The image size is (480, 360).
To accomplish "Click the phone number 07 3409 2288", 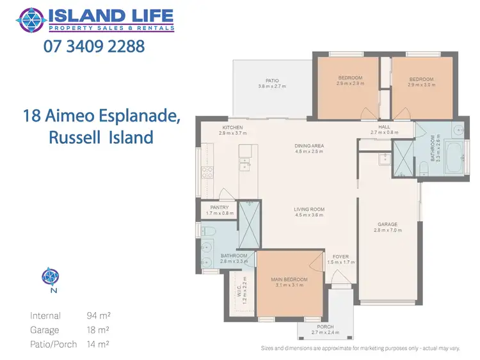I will [94, 46].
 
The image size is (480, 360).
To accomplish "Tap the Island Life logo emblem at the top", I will [31, 19].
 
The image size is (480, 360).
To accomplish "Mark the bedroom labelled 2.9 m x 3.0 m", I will [421, 81].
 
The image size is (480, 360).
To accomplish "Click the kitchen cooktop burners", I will [207, 172].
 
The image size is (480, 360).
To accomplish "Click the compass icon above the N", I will [50, 276].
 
